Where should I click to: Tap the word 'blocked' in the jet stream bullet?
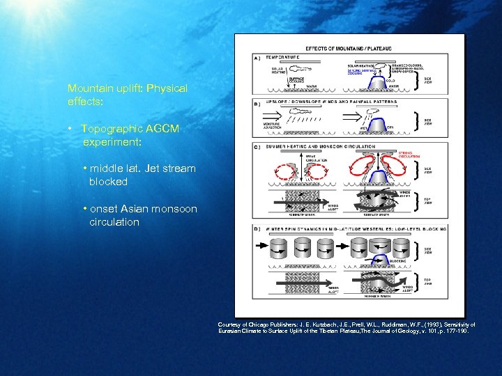point(108,182)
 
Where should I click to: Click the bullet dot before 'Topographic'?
point(71,130)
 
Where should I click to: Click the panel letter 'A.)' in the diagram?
point(258,57)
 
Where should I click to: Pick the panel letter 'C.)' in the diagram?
point(258,146)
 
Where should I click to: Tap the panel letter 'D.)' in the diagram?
point(258,228)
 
